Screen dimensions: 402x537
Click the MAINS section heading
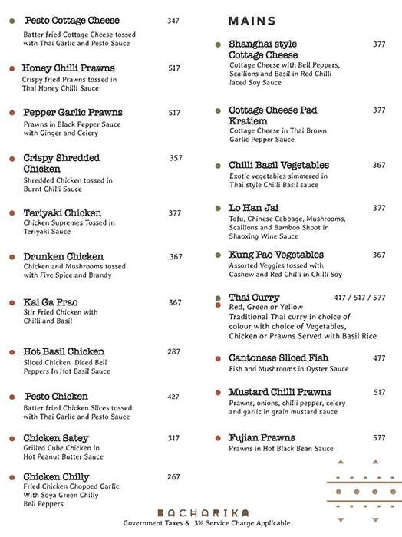(x=252, y=21)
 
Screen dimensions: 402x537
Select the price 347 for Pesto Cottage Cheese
(x=173, y=21)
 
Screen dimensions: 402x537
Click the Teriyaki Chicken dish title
(x=62, y=212)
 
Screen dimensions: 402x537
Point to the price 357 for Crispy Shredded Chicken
(x=176, y=158)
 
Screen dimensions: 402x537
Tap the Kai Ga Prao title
(x=51, y=302)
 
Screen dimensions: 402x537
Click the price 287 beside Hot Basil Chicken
(x=174, y=351)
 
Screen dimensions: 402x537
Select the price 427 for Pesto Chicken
(x=173, y=397)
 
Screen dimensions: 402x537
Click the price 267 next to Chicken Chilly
(x=173, y=476)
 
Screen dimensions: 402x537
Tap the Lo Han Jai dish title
(x=253, y=208)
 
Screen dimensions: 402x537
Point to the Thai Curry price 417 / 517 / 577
(x=359, y=298)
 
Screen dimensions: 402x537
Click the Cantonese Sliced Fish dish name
(x=278, y=358)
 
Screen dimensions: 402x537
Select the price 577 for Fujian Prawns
(x=379, y=438)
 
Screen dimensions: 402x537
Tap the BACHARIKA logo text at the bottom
(x=201, y=512)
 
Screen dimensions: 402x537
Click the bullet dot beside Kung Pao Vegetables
(x=219, y=255)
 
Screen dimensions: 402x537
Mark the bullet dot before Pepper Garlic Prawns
(x=12, y=113)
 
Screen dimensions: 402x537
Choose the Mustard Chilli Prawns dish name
(x=281, y=393)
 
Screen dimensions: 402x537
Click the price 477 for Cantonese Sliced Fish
(x=379, y=358)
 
